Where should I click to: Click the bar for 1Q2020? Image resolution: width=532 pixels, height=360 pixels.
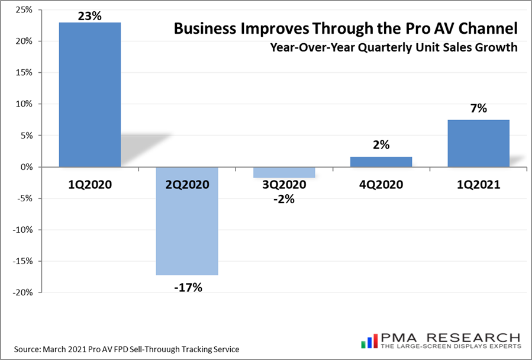tap(90, 95)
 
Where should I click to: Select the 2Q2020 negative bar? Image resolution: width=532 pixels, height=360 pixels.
tap(187, 220)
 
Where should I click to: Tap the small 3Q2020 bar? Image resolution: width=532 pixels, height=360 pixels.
tap(284, 172)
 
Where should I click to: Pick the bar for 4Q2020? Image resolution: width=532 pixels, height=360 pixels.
tap(381, 162)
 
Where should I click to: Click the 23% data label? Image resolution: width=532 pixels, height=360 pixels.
tap(90, 15)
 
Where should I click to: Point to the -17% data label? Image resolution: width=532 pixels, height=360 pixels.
tap(187, 288)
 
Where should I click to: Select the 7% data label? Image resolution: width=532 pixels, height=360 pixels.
tap(478, 109)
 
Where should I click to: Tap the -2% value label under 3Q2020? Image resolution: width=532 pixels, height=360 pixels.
tap(284, 199)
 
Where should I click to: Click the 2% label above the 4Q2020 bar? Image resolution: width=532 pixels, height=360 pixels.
tap(381, 145)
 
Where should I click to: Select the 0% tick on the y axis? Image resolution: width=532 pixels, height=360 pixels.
tap(27, 167)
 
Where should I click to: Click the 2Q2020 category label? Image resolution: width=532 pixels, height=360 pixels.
tap(187, 185)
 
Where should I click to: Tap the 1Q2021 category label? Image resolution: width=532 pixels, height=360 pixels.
tap(478, 185)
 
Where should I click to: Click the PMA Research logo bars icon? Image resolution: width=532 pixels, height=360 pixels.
tap(369, 340)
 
